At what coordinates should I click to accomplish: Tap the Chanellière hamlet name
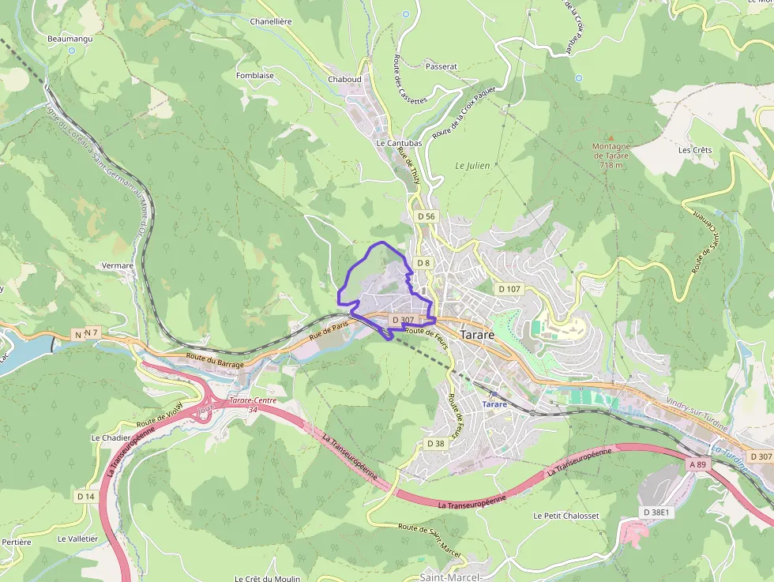272,21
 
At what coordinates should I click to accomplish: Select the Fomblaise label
254,76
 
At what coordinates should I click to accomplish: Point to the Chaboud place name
344,79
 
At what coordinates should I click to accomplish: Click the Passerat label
441,66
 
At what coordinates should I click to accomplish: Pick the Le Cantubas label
399,143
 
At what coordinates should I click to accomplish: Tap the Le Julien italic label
472,166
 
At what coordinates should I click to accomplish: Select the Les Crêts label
694,150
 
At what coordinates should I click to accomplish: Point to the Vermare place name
118,266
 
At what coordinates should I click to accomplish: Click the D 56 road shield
426,216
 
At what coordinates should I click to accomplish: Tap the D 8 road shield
423,263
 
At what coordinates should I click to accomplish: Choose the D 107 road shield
509,289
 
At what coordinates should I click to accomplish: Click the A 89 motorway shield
697,465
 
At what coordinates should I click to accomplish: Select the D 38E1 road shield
656,513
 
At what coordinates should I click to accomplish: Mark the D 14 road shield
85,496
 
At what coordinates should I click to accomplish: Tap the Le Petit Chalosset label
565,516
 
